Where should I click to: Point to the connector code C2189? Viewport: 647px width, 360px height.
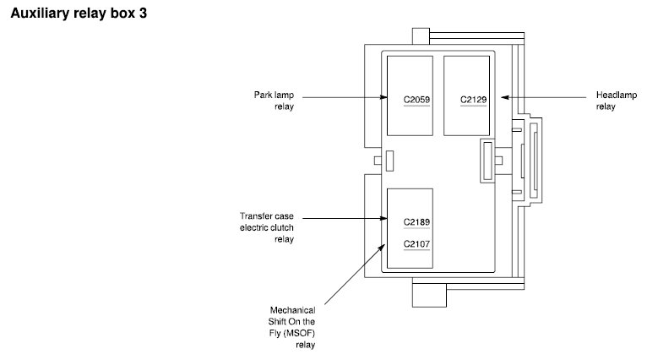click(x=416, y=222)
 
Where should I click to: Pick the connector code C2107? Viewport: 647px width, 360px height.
click(x=416, y=245)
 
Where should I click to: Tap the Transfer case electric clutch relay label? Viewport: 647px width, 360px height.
click(x=267, y=227)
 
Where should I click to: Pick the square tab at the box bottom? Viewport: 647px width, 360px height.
click(x=427, y=292)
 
